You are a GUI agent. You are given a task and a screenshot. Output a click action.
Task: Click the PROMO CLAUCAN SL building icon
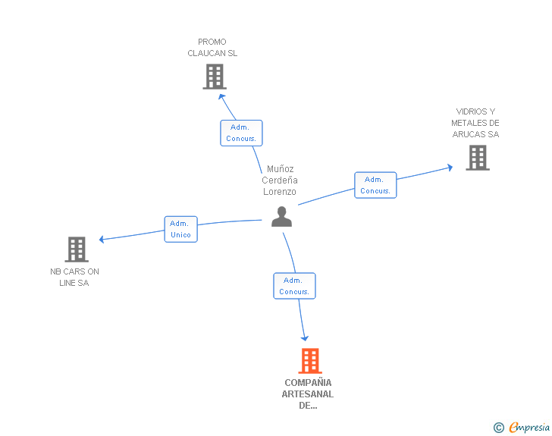coord(215,77)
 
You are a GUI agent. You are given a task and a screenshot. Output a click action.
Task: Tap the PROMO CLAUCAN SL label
coord(212,48)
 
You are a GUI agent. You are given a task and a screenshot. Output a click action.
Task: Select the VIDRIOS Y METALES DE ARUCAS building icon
coord(477,158)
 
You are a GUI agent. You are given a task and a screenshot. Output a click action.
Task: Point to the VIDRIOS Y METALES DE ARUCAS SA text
coord(475,123)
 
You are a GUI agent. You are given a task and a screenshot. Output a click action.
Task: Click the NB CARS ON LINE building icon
coord(76,249)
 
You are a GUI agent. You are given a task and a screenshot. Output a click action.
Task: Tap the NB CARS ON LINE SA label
coord(74,277)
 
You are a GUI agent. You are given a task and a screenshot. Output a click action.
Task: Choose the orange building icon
coord(309,361)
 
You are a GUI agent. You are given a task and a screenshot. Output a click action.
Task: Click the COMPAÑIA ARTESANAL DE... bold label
coord(308,394)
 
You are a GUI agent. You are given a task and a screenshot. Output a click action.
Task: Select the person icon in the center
coord(281,217)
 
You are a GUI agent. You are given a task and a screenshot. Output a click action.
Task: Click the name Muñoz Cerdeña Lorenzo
coord(280,180)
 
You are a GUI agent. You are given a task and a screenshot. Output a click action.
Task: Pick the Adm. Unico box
coord(180,229)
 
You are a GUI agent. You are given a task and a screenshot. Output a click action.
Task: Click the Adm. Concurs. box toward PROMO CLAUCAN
coord(241,133)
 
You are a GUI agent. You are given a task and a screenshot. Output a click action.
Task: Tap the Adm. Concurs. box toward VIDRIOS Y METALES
coord(375,185)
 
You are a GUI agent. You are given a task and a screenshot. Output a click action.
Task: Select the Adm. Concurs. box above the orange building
coord(294,286)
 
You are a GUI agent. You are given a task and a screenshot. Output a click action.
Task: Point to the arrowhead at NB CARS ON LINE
coord(102,240)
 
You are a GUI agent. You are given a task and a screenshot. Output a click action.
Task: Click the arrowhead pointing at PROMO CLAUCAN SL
coord(221,96)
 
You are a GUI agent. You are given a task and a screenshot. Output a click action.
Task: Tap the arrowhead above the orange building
coord(305,338)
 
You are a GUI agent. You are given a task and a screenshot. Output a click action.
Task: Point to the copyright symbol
coord(498,428)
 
